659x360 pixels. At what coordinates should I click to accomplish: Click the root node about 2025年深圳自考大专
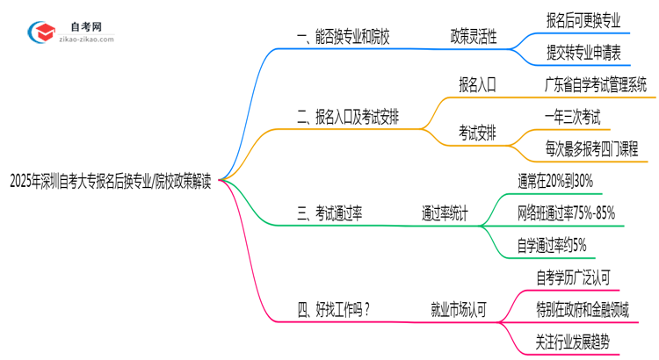coord(110,182)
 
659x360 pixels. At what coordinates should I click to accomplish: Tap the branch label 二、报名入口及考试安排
coord(348,117)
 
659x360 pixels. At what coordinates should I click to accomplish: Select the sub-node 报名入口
coord(477,85)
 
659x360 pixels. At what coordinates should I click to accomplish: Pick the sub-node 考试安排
coord(477,133)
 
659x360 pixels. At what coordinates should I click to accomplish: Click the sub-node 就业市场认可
coord(459,308)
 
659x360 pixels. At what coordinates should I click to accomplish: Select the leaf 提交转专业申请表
coord(583,54)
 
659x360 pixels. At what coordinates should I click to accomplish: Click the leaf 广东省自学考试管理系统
coord(596,85)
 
